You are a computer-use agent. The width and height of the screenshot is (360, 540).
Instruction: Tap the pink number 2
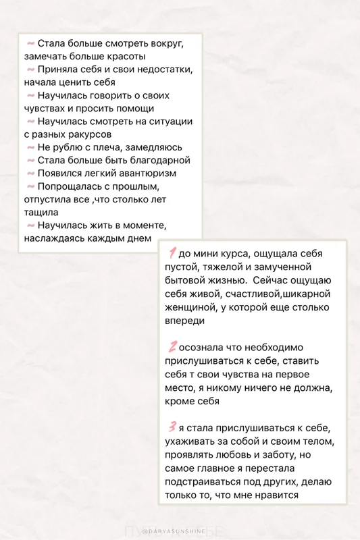point(173,347)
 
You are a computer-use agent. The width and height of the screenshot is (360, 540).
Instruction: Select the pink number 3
point(173,426)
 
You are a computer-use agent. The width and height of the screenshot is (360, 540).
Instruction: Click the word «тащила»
point(41,212)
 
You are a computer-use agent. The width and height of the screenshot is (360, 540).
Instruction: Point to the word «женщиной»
point(190,308)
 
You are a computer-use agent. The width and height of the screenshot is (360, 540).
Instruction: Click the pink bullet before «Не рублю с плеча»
point(30,147)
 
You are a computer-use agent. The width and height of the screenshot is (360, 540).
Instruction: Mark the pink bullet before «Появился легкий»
point(30,173)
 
